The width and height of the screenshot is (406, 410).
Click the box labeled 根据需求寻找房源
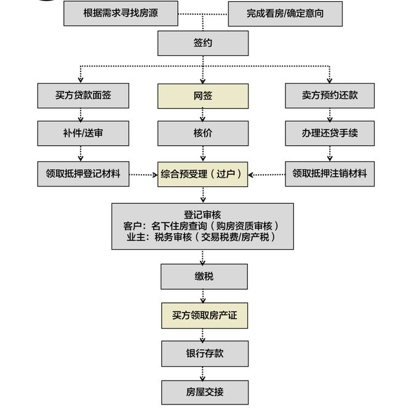[121, 12]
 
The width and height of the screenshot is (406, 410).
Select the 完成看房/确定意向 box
[285, 13]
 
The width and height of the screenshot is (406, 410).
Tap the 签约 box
[203, 44]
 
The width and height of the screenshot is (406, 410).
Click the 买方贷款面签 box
[83, 96]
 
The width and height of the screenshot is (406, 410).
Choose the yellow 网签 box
[203, 97]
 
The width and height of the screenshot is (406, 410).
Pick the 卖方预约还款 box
[330, 96]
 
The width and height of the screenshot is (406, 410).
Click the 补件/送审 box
[83, 133]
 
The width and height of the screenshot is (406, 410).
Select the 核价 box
[203, 133]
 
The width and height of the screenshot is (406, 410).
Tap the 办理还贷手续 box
[330, 133]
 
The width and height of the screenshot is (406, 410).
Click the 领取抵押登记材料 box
[83, 174]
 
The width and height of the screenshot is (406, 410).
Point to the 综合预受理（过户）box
[203, 174]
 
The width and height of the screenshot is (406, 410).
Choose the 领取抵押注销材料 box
[330, 174]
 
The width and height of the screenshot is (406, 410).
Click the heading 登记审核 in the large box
[202, 214]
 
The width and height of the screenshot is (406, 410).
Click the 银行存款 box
[204, 353]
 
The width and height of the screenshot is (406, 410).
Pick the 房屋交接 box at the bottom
[204, 392]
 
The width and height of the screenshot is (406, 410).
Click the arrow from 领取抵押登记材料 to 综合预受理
[143, 175]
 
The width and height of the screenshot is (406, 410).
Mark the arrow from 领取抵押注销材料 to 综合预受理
[266, 175]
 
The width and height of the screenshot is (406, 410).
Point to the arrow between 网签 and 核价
[203, 115]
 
